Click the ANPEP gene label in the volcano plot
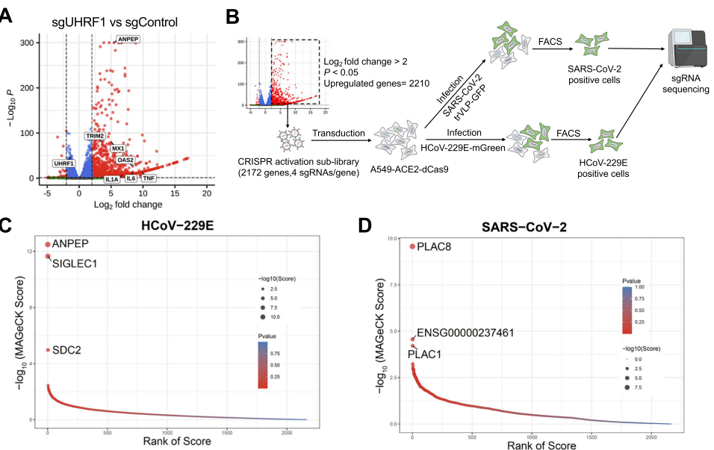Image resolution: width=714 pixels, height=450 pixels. [x=128, y=39]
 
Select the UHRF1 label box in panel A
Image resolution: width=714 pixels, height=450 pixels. [x=63, y=163]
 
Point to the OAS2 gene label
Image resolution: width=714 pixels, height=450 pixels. [x=125, y=160]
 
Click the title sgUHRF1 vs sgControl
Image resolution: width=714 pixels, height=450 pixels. [x=114, y=22]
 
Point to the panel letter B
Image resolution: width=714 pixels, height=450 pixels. [x=232, y=15]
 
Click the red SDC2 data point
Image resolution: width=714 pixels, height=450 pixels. [x=48, y=350]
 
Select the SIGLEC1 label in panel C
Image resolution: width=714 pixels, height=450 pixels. [x=74, y=263]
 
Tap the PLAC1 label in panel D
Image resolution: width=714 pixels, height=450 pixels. [x=424, y=354]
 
